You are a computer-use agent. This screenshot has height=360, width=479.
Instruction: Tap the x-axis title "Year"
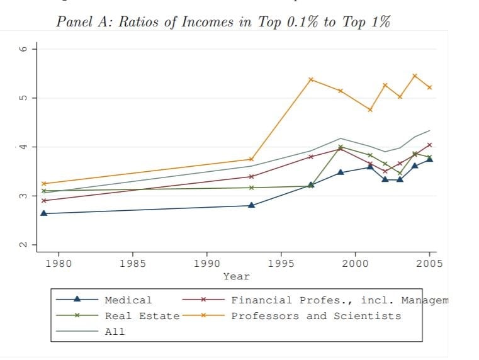click(x=236, y=276)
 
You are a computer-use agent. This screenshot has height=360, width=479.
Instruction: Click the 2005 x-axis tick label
click(x=429, y=263)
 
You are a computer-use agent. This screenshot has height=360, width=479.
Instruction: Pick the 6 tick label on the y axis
click(x=23, y=49)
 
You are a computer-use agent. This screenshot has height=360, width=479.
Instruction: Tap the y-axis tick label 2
click(x=23, y=245)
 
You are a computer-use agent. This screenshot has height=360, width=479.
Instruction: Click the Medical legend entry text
click(x=128, y=300)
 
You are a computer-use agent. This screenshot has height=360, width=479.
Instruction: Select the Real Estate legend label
click(x=142, y=316)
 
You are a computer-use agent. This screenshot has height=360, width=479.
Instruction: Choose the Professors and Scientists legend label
click(x=316, y=316)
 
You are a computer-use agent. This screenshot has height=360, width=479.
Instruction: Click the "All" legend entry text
click(x=115, y=332)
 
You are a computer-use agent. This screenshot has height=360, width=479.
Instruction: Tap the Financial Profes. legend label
click(x=339, y=300)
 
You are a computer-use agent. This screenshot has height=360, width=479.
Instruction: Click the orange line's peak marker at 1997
click(x=311, y=79)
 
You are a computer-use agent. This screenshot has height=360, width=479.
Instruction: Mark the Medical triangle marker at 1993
click(x=251, y=205)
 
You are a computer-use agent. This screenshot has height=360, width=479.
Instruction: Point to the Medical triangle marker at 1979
click(x=43, y=213)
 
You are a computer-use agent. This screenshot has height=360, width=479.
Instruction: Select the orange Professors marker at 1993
click(x=251, y=159)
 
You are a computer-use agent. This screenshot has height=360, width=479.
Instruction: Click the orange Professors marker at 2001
click(x=370, y=110)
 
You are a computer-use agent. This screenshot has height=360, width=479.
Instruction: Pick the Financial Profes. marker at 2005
click(x=429, y=145)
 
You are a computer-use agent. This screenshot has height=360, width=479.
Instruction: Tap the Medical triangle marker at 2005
click(x=429, y=159)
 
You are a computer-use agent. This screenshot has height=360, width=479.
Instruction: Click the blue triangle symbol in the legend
click(x=77, y=300)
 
